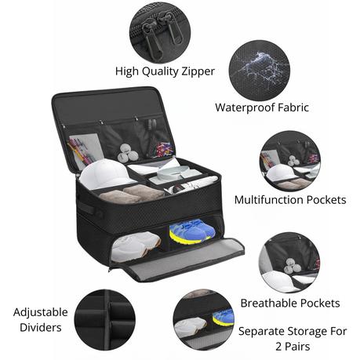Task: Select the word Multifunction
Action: pos(269,200)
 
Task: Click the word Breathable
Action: pos(268,304)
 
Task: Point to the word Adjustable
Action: pos(41,313)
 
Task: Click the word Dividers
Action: pos(41,328)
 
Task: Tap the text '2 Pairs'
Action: pos(293,347)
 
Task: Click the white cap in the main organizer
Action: pos(104,173)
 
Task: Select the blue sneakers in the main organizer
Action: pos(192,231)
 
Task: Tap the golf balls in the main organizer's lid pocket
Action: pos(128,153)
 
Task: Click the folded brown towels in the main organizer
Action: pos(132,194)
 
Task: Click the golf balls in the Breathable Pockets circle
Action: pos(293,265)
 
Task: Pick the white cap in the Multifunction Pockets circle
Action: pos(278,173)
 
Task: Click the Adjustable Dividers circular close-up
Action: pos(104,319)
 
